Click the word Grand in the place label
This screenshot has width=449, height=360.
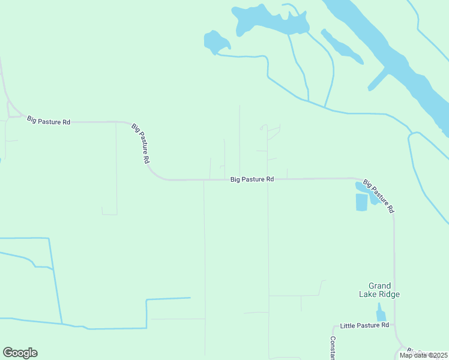point(379,286)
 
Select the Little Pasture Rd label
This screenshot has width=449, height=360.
point(364,326)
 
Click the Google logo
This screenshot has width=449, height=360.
point(20,353)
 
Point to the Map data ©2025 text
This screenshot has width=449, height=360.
point(423,355)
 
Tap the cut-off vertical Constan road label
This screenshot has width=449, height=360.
point(333,347)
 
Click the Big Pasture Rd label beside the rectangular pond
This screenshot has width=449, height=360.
point(378,196)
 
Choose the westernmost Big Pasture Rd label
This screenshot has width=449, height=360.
point(49,121)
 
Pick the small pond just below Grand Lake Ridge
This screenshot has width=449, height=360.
point(380,313)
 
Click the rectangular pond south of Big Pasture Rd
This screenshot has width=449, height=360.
point(361,202)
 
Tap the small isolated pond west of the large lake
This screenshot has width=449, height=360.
point(215,41)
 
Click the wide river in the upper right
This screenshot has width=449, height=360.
point(390,54)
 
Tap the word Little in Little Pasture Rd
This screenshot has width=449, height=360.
point(349,326)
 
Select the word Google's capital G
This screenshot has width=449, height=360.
point(8,353)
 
